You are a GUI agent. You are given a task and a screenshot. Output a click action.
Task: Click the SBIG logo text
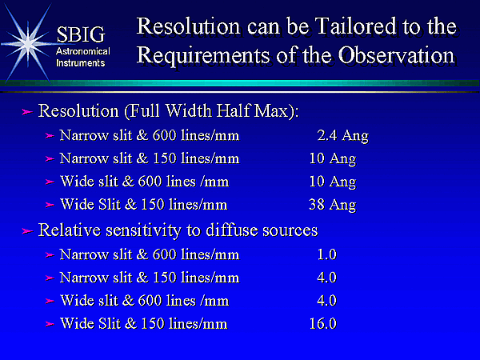81,34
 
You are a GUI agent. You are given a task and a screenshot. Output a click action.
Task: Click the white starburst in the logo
28,43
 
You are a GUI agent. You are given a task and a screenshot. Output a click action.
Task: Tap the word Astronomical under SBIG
83,51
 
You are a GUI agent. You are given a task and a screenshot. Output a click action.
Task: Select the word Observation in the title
396,55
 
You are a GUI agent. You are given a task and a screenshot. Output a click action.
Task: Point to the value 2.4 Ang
343,136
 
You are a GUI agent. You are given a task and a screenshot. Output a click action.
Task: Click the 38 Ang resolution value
333,205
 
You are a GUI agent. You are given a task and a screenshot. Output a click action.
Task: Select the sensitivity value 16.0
323,323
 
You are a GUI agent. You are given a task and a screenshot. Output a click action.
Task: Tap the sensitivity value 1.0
327,254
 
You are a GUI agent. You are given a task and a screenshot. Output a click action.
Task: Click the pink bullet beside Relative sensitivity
27,231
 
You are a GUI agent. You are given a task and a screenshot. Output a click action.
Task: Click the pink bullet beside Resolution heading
27,112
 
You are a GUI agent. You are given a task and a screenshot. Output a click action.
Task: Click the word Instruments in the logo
81,63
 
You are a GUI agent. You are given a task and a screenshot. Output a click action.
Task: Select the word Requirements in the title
203,56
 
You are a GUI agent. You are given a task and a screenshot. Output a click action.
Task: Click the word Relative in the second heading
69,230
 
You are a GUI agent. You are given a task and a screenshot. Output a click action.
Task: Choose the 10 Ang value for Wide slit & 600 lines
333,182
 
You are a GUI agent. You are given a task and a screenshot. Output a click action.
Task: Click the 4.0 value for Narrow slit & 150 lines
327,278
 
